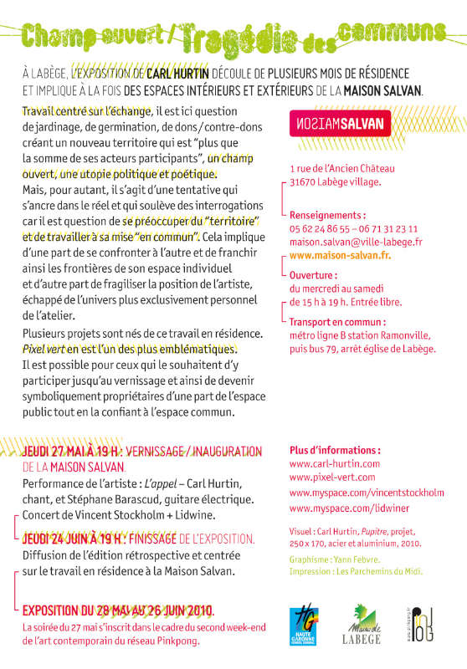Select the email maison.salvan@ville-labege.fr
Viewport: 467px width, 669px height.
356,242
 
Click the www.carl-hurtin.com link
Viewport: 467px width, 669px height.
334,462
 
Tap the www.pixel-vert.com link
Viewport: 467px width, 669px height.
330,477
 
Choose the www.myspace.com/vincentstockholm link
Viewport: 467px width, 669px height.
367,493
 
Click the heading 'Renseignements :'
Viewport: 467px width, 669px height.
328,214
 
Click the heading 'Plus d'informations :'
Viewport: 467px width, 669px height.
334,448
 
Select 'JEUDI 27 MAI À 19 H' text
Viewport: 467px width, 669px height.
70,452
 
